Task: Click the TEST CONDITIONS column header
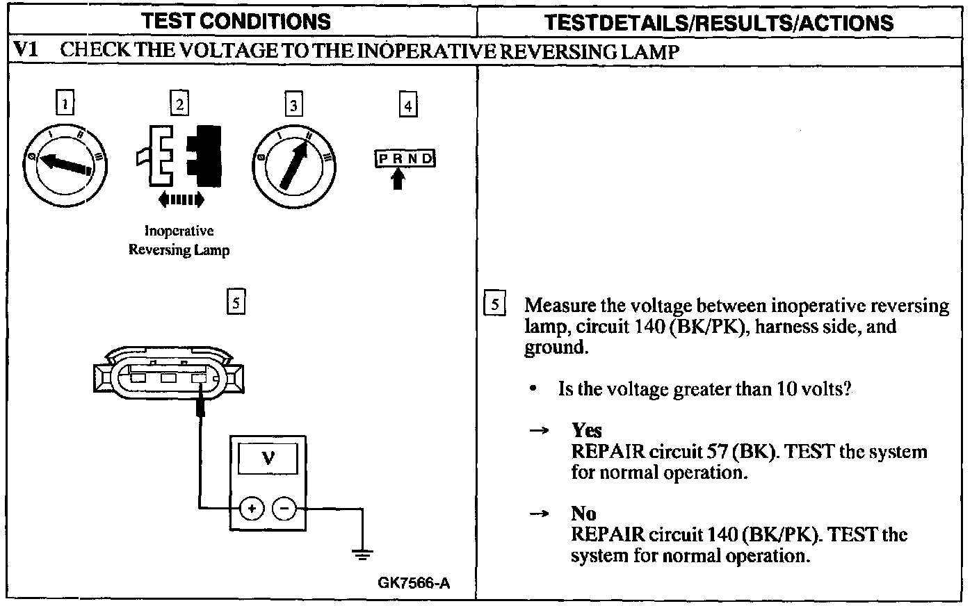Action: coord(236,22)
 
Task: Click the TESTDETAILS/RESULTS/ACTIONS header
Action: coord(718,22)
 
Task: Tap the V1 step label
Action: coord(26,51)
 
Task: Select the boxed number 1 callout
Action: coord(65,104)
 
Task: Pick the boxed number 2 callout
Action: coord(179,104)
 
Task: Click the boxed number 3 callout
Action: coord(294,105)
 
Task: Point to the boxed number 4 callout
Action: coord(408,105)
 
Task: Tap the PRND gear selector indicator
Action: coord(405,158)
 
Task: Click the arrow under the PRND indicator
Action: coord(398,179)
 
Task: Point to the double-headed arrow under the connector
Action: coord(181,200)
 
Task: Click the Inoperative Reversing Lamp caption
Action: coord(179,240)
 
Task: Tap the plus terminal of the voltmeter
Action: coord(252,509)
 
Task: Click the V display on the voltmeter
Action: coord(268,458)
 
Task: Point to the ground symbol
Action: coord(362,554)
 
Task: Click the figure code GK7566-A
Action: coord(414,582)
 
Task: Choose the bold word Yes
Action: coord(586,430)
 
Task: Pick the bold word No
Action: coord(583,514)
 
